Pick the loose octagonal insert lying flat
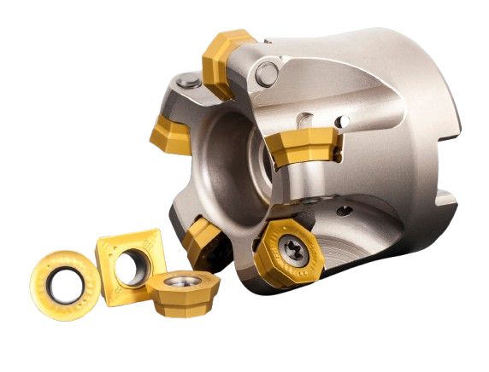point(182,295)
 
